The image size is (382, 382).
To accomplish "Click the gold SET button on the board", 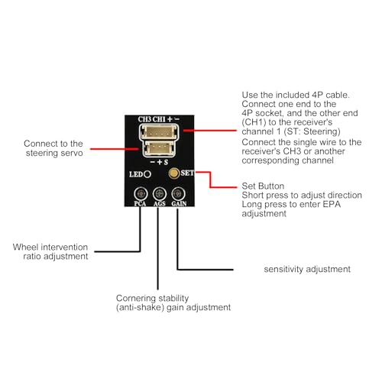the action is click(x=174, y=173).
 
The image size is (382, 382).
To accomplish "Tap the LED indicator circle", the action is click(x=147, y=174).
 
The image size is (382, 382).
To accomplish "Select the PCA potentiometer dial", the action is click(x=141, y=194).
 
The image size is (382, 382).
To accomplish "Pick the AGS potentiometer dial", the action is click(x=160, y=194).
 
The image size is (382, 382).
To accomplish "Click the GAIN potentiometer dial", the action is click(x=178, y=194).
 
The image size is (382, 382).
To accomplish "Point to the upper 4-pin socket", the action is click(x=160, y=132).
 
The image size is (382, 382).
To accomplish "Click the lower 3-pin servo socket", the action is click(x=160, y=149).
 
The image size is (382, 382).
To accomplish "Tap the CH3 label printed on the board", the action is click(x=144, y=119).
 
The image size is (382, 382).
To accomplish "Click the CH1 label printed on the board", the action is click(x=159, y=119).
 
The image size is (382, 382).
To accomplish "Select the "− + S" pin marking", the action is click(x=159, y=162).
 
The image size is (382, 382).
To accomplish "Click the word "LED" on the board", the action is click(x=136, y=174).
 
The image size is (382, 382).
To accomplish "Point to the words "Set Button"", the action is click(x=263, y=186).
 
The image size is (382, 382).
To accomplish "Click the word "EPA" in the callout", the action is click(x=332, y=204).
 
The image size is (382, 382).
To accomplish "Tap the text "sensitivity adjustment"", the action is click(x=307, y=269).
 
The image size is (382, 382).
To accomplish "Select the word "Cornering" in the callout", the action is click(x=133, y=298).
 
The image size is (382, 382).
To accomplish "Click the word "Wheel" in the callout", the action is click(x=25, y=247).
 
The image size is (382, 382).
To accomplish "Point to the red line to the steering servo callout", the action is click(x=115, y=149).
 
